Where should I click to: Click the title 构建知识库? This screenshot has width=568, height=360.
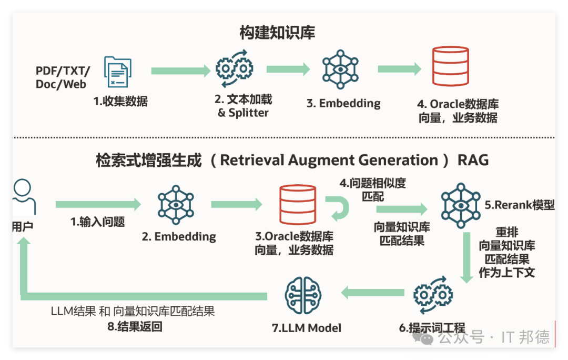tap(277, 33)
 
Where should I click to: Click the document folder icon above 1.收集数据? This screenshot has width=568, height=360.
tap(118, 72)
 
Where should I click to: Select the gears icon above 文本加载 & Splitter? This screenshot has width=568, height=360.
tap(235, 68)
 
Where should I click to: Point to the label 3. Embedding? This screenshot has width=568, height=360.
tap(343, 103)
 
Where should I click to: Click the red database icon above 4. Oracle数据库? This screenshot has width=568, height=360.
tap(451, 66)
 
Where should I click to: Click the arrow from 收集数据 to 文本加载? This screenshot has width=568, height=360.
tap(181, 71)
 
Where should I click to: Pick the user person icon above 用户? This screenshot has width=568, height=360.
tap(24, 196)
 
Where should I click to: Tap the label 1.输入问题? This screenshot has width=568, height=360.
tap(97, 222)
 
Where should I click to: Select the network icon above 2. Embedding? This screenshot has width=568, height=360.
tap(176, 205)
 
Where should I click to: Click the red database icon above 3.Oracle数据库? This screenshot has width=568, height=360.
tap(298, 204)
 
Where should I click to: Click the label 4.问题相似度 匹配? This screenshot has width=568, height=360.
tap(373, 189)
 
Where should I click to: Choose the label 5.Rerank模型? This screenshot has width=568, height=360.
tap(520, 205)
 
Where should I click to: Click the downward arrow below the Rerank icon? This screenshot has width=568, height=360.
tap(466, 258)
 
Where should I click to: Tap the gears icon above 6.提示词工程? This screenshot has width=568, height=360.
tap(433, 295)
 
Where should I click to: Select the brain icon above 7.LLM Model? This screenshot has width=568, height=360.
tap(303, 295)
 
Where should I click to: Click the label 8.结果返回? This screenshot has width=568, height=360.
tap(135, 327)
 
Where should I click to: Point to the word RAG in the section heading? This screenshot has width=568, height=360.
tap(473, 160)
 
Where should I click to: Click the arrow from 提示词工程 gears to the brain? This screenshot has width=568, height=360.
tap(373, 293)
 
